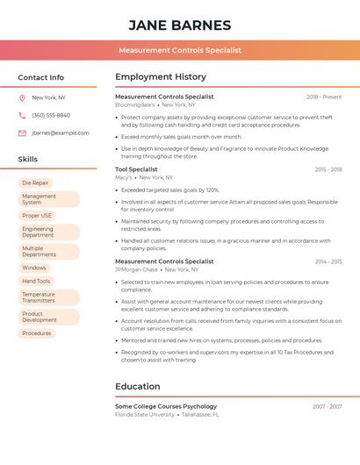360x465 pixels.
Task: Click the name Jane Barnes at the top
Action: point(180,25)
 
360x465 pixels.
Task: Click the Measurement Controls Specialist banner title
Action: point(180,50)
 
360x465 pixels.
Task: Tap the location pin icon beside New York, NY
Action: point(22,97)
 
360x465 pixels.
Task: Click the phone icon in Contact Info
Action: point(22,115)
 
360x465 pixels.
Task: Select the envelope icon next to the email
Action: point(22,133)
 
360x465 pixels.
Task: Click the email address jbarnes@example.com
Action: point(61,133)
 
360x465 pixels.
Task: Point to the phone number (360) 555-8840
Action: point(51,115)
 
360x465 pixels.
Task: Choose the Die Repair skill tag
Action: point(36,183)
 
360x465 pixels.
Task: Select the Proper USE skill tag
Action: point(37,216)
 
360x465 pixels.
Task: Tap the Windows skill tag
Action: point(34,268)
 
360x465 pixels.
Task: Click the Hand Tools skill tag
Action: point(36,281)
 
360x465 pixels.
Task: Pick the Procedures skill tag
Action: point(37,333)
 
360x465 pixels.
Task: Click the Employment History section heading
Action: point(161,77)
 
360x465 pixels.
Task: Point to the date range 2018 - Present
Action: point(324,97)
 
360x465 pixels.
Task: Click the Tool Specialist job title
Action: point(136,169)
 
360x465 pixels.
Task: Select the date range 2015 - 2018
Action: point(328,169)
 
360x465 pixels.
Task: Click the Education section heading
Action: point(138,386)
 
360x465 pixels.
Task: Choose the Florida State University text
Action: point(145,414)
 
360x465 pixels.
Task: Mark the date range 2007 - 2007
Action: point(328,407)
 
